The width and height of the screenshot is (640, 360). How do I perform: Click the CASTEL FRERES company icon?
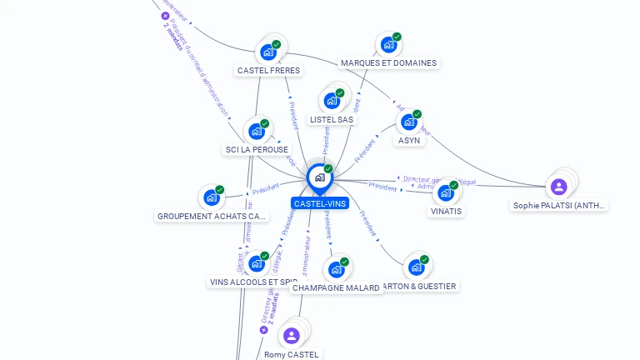click(268, 52)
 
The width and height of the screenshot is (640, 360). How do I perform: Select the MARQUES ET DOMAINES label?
click(388, 62)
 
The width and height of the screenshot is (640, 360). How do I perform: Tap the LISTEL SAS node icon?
click(332, 101)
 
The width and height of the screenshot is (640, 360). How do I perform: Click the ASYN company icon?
click(408, 122)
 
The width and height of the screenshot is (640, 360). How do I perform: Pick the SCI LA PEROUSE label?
click(257, 149)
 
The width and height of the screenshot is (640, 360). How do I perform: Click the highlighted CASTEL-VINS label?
click(320, 203)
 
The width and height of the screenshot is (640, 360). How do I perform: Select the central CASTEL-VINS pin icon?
click(319, 177)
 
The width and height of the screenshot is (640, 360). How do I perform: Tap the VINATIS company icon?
click(446, 192)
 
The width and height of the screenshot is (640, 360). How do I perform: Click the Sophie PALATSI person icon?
click(558, 187)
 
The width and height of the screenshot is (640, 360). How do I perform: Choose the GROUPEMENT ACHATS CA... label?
click(212, 216)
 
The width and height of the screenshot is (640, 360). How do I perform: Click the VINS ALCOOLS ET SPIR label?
click(252, 282)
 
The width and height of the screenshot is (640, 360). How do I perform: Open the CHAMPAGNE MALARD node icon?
click(336, 269)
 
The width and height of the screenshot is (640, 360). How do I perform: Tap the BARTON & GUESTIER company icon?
click(416, 267)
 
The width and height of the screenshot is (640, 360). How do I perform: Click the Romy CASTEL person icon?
click(291, 335)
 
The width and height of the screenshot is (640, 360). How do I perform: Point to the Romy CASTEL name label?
click(291, 354)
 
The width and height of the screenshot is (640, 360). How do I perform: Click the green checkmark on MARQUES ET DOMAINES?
click(397, 37)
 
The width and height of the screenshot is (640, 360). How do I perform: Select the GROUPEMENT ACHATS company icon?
click(212, 198)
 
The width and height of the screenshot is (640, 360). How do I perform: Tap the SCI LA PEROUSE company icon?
click(257, 131)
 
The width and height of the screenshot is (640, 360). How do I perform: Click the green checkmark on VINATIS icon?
click(454, 185)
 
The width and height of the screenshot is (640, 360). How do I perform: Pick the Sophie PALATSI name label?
click(559, 205)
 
